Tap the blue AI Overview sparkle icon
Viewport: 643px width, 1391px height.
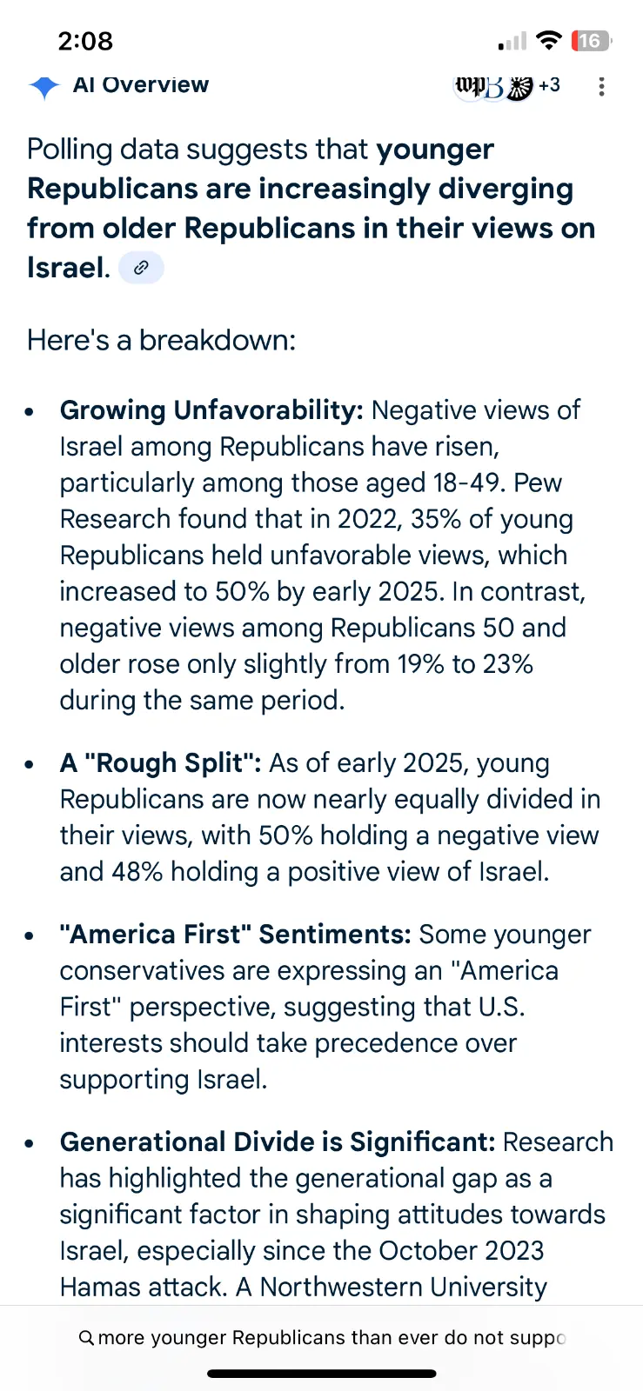tap(44, 86)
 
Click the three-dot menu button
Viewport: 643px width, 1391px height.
tap(601, 86)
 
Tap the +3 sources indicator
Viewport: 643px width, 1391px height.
tap(549, 85)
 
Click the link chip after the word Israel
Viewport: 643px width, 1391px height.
tap(141, 268)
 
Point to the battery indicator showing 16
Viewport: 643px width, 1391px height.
tap(590, 41)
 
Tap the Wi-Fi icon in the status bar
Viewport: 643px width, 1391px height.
tap(548, 40)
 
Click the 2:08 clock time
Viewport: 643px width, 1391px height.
tap(85, 41)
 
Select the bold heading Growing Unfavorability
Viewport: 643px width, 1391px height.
tap(211, 410)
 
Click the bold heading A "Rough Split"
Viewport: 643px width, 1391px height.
tap(160, 763)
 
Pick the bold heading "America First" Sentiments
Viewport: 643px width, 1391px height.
tap(235, 935)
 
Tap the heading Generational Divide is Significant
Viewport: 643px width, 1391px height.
tap(277, 1142)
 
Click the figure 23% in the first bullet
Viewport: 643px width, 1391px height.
tap(507, 664)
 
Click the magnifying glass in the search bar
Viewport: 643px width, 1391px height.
tap(86, 1338)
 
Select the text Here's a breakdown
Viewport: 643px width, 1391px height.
tap(161, 340)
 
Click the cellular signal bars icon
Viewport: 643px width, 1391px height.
tap(512, 41)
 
